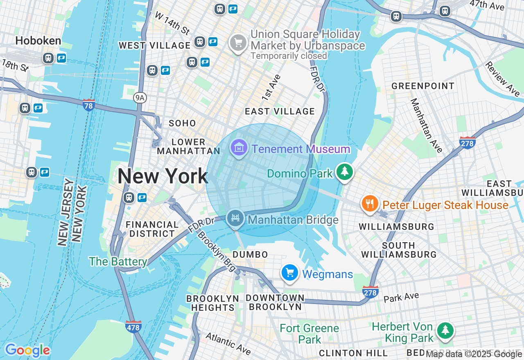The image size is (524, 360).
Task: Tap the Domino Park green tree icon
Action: pos(345,172)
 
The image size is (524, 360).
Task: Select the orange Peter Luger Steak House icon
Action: pos(370,203)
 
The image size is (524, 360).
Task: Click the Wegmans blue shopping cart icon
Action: pos(290,272)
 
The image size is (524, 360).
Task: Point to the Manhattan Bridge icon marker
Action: pos(235,218)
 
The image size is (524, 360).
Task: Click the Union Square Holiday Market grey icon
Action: pos(238,43)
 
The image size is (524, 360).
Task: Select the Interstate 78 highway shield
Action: pos(88,105)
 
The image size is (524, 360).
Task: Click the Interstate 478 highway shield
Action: pos(133,326)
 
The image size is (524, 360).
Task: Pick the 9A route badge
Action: pos(140,97)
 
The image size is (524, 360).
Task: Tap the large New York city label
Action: pos(163,176)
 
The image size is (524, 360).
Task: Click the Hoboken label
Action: pos(38,40)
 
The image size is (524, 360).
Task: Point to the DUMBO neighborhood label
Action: pos(250,254)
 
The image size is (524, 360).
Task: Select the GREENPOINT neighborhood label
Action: pos(423,86)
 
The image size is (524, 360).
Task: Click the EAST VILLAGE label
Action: pos(280,111)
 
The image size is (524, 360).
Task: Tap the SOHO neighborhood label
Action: pos(182,123)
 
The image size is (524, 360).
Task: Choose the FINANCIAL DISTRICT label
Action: pos(152,229)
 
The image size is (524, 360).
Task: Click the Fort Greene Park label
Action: pos(309,334)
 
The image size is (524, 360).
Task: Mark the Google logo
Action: pos(27,350)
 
